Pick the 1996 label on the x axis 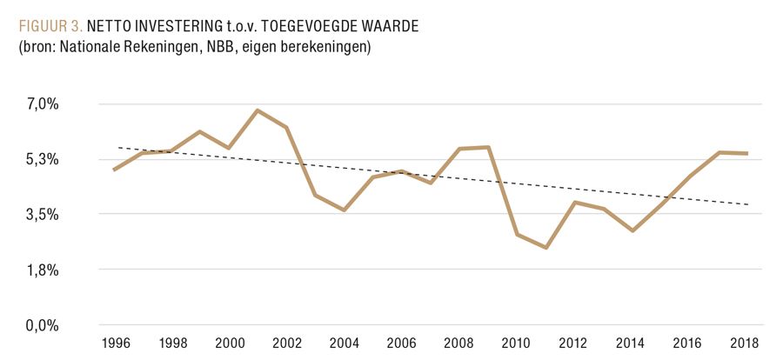115,343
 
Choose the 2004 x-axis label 345,343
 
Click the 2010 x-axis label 517,343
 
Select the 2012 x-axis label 574,343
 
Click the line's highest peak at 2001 258,110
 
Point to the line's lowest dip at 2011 545,248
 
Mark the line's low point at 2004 345,210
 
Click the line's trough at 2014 632,231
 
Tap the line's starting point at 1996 115,170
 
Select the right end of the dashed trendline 747,204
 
